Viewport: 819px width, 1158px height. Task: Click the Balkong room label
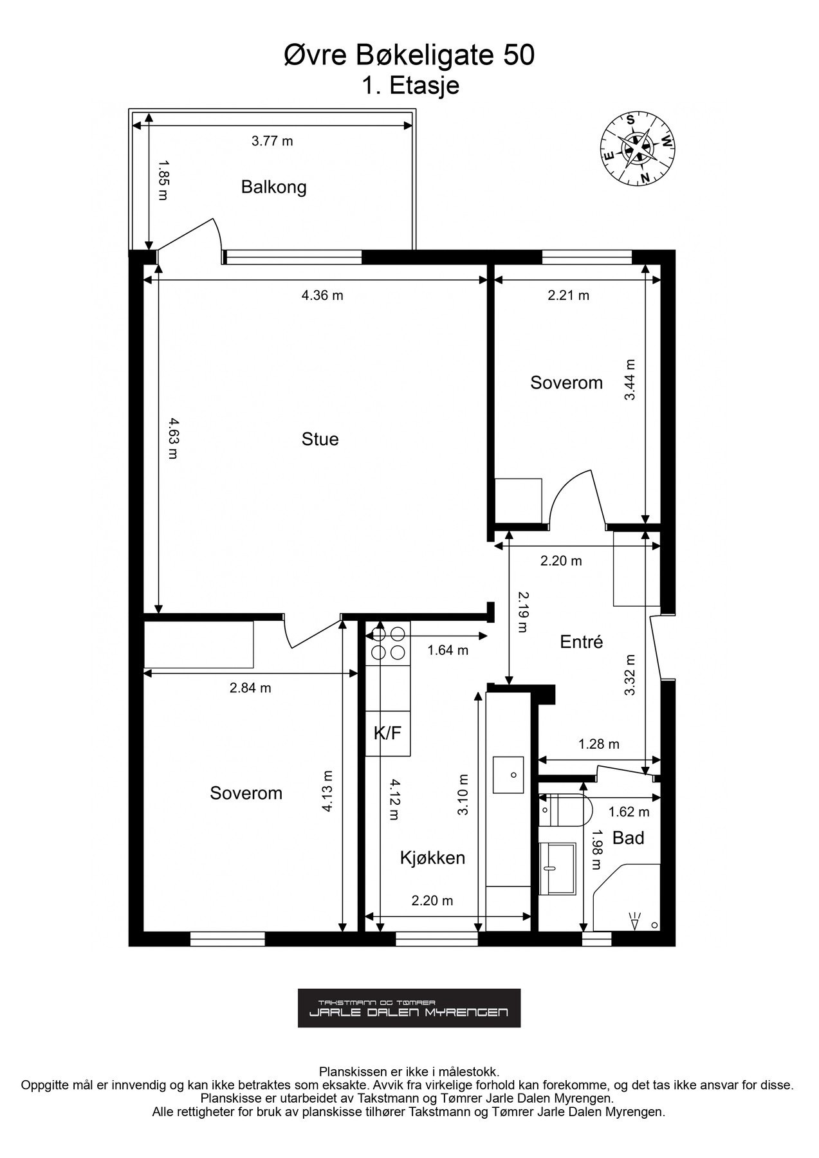273,187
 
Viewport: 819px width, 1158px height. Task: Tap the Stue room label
320,439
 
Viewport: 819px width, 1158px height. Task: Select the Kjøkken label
432,858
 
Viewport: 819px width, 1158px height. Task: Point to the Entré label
581,641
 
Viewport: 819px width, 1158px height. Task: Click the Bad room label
628,838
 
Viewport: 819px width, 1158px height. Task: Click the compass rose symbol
638,149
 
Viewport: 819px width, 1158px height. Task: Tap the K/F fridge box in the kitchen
388,733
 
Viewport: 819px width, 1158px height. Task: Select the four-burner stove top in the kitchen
388,643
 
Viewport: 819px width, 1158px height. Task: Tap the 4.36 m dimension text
322,295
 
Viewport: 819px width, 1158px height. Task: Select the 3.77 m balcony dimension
272,141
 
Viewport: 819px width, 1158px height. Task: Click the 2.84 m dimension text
250,688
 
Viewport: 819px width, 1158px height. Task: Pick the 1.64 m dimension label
448,650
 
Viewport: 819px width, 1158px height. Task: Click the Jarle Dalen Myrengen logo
409,1008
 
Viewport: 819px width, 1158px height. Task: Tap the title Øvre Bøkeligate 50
409,56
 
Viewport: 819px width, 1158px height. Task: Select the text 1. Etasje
410,86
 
